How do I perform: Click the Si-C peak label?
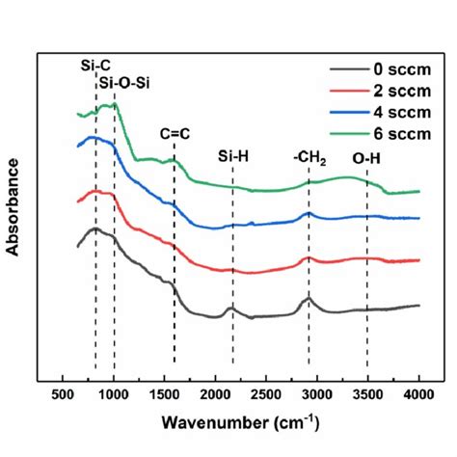coord(95,66)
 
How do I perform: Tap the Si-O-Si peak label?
coord(123,83)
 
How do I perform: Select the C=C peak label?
coord(175,135)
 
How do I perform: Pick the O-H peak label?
coord(366,158)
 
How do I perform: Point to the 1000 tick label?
coord(114,395)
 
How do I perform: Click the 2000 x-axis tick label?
coord(216,395)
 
